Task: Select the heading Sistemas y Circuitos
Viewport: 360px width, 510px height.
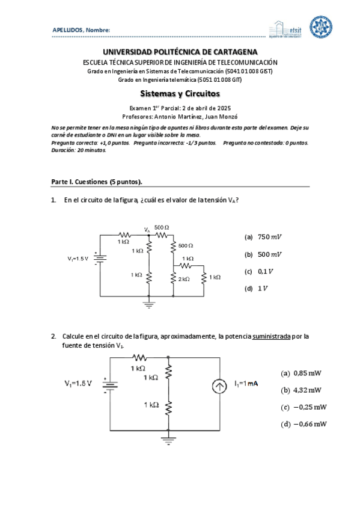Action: [x=180, y=94]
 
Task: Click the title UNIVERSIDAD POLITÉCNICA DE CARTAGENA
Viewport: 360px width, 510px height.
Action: [x=180, y=52]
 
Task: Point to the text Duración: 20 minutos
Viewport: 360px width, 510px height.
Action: [x=79, y=150]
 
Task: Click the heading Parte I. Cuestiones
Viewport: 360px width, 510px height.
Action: [x=97, y=182]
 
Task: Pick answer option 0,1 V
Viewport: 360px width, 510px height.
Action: [x=259, y=271]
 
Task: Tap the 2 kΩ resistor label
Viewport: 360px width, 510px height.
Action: [x=183, y=279]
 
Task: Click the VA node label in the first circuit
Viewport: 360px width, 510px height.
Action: [x=147, y=229]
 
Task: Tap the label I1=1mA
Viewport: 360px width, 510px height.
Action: [x=246, y=384]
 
